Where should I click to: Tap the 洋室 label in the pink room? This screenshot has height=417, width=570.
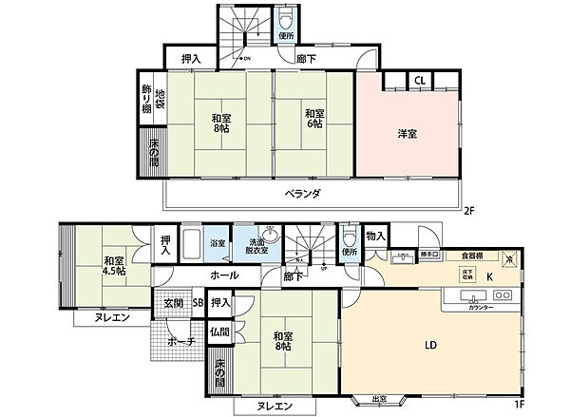pos(407,135)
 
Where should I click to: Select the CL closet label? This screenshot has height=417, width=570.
pos(419,82)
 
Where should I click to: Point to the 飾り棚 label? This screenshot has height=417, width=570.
pos(147,100)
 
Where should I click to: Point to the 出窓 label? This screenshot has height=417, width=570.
pos(380,400)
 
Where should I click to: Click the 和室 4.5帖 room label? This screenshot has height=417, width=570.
pos(114,265)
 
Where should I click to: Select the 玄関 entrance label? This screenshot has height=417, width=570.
pos(173,303)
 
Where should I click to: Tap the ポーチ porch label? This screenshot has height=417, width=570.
pos(180,341)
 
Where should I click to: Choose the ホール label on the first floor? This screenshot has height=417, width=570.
pos(224,275)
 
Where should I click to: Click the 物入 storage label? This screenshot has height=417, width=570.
pos(375,236)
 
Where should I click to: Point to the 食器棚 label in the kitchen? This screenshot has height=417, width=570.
pos(472,256)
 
